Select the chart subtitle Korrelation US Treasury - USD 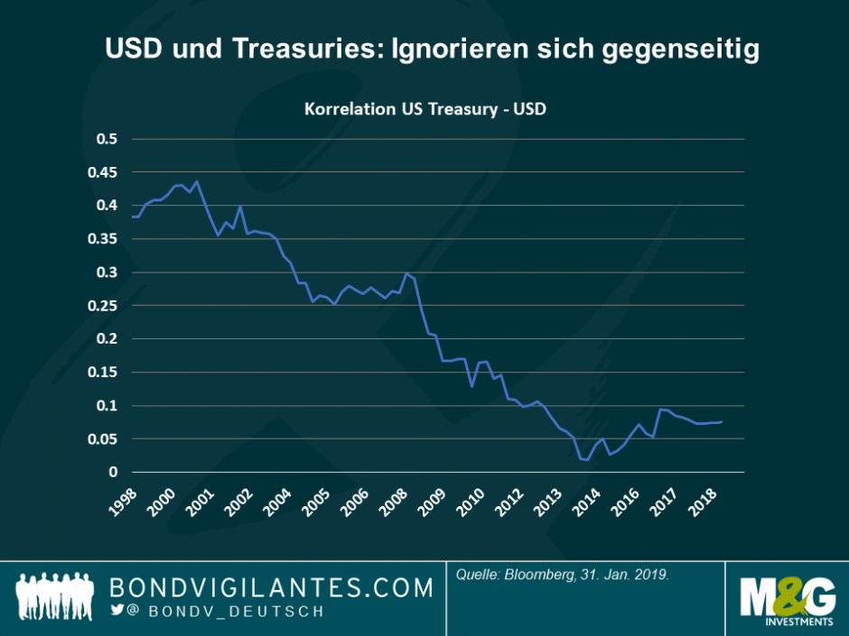pyautogui.click(x=425, y=109)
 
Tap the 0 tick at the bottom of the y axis pyautogui.click(x=114, y=472)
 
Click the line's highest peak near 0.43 pyautogui.click(x=197, y=181)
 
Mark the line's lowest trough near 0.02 pyautogui.click(x=586, y=460)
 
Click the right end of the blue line pyautogui.click(x=721, y=422)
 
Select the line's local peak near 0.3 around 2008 pyautogui.click(x=407, y=273)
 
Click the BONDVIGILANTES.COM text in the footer pyautogui.click(x=271, y=588)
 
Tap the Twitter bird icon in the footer pyautogui.click(x=117, y=610)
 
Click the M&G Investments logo pyautogui.click(x=787, y=601)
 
